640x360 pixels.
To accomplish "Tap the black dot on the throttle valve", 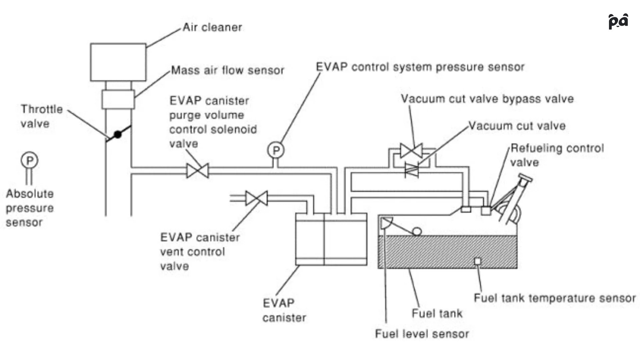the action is [x=118, y=134].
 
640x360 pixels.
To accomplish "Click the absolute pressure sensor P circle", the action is [x=30, y=160].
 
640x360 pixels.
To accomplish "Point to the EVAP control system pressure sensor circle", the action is [x=276, y=150].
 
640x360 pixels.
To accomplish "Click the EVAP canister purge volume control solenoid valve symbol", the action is [x=198, y=171].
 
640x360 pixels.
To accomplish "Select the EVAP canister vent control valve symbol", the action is [x=256, y=198].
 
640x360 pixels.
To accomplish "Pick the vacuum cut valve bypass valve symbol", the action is [x=411, y=151].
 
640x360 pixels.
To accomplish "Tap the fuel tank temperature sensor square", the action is [x=478, y=261].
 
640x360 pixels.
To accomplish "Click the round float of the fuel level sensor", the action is [x=417, y=231].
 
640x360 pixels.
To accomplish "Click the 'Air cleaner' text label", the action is [x=212, y=27].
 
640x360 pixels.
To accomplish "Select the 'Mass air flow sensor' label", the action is [x=228, y=70].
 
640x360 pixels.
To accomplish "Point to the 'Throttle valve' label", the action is [x=42, y=116].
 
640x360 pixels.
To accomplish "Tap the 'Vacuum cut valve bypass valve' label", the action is [x=487, y=99].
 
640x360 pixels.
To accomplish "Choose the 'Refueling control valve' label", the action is [x=557, y=155].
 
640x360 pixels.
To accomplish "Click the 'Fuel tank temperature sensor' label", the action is [x=555, y=298].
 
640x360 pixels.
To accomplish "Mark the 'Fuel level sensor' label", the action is [x=422, y=334].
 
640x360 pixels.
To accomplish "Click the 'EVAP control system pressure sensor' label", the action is [x=420, y=67].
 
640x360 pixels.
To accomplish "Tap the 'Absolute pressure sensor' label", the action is [x=30, y=208].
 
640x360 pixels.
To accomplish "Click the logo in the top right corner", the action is [x=618, y=21].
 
